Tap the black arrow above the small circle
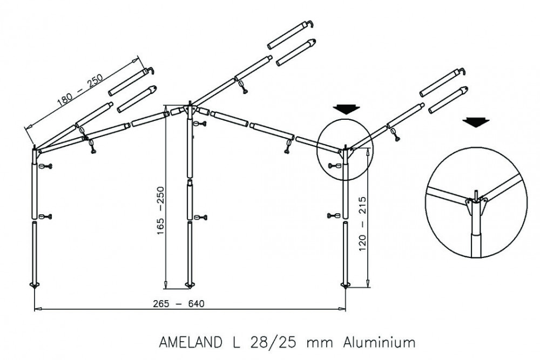tap(346, 109)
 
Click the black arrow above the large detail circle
tap(476, 122)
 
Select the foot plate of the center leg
tap(190, 284)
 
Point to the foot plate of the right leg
tap(346, 284)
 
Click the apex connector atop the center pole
tap(189, 110)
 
